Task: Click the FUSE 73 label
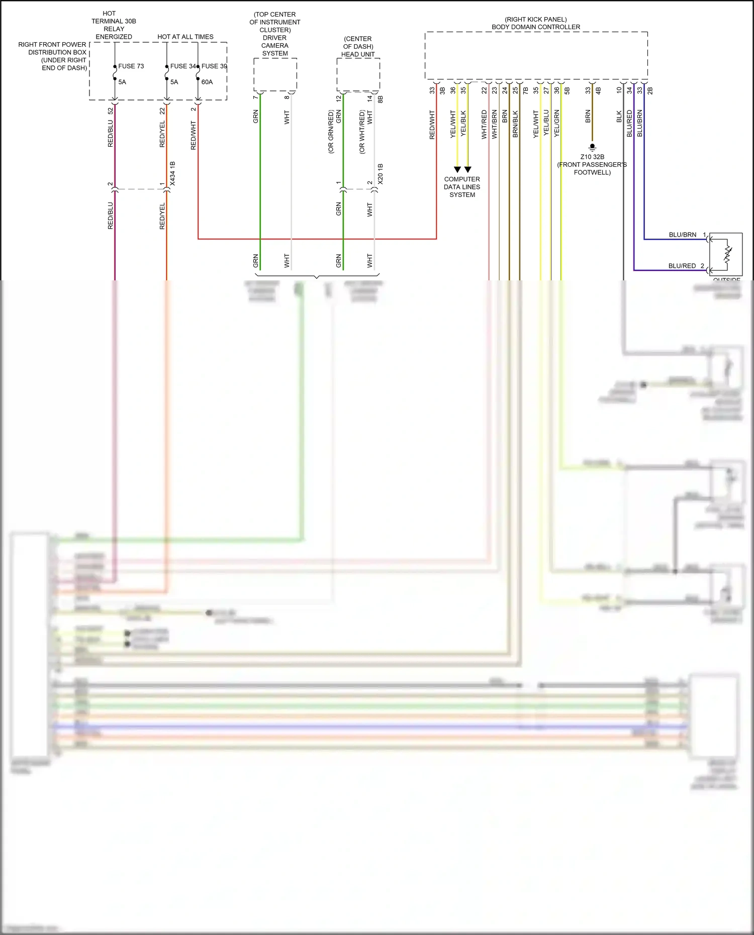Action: pyautogui.click(x=131, y=66)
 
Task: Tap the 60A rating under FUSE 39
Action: pyautogui.click(x=207, y=82)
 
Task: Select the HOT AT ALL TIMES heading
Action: pyautogui.click(x=185, y=37)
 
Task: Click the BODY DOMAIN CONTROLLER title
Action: pyautogui.click(x=536, y=27)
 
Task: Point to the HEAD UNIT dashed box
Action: pyautogui.click(x=358, y=74)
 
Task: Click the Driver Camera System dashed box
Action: pyautogui.click(x=275, y=74)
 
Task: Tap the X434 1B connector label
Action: pyautogui.click(x=172, y=174)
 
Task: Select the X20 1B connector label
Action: pyautogui.click(x=381, y=174)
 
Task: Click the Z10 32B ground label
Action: pyautogui.click(x=592, y=157)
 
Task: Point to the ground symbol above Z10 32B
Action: pyautogui.click(x=592, y=147)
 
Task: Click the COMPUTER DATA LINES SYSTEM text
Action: pyautogui.click(x=462, y=187)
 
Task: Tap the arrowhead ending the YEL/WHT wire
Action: pyautogui.click(x=457, y=169)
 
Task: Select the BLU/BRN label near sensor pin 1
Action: pyautogui.click(x=682, y=235)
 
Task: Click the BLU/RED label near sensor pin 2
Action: pyautogui.click(x=682, y=266)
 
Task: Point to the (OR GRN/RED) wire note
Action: pyautogui.click(x=331, y=132)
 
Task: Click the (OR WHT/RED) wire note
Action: pyautogui.click(x=362, y=132)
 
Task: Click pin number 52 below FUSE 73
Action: pyautogui.click(x=111, y=111)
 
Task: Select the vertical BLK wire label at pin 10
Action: pyautogui.click(x=619, y=117)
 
